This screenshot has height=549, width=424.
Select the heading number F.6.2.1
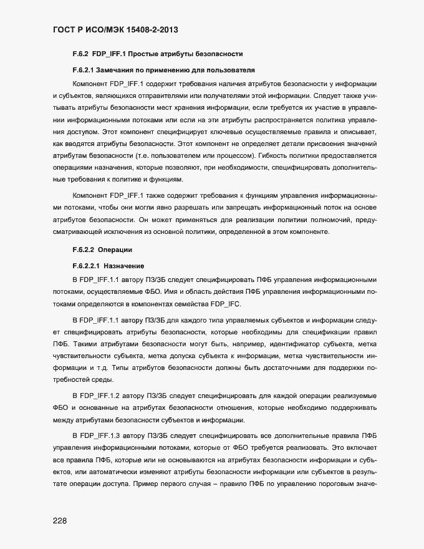86,69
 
